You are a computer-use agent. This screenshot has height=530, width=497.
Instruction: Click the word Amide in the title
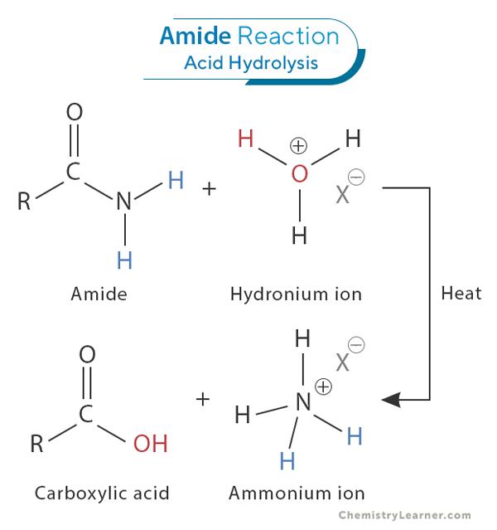(x=195, y=36)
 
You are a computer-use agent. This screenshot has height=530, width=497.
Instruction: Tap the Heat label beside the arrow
(x=461, y=294)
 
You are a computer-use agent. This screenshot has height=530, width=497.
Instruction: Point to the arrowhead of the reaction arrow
(x=391, y=400)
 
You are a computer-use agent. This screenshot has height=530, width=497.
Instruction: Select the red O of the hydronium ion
(x=299, y=173)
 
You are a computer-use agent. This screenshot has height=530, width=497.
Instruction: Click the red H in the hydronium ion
(x=245, y=139)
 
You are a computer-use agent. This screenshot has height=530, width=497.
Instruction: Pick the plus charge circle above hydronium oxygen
(x=298, y=146)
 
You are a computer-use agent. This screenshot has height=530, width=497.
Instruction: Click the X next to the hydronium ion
(x=342, y=195)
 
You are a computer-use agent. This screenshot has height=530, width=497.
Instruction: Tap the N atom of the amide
(x=123, y=201)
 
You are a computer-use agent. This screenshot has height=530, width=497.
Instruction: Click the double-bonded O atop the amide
(x=75, y=112)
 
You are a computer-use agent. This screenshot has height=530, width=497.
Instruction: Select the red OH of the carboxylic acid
(x=150, y=444)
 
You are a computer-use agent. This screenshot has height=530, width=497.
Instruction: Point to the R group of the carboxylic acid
(x=37, y=444)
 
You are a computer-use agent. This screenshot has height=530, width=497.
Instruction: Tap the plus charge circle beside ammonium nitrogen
(x=323, y=386)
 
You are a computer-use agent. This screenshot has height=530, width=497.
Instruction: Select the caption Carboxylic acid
(x=102, y=493)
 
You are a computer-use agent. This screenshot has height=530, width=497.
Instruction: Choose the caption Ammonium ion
(x=297, y=493)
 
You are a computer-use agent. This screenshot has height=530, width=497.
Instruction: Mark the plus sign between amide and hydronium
(x=209, y=188)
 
